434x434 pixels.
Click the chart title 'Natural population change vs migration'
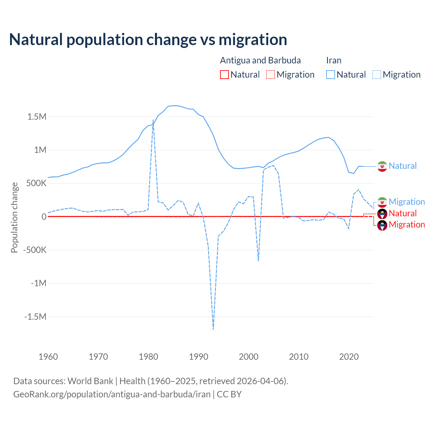(x=148, y=40)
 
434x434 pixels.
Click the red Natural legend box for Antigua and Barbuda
(x=224, y=75)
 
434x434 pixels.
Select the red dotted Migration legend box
(x=270, y=75)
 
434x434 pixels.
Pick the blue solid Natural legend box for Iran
(x=330, y=75)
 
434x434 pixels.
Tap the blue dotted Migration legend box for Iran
(x=376, y=75)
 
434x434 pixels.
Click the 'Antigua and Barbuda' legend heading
(x=260, y=60)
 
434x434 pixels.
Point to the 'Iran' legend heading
(x=334, y=60)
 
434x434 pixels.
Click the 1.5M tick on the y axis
(x=37, y=117)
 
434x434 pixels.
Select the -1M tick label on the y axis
(x=38, y=283)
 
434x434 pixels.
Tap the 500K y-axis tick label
(x=34, y=183)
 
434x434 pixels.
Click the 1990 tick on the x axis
(x=198, y=357)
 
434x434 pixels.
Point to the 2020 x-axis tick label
(x=349, y=357)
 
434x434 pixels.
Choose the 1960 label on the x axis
(x=48, y=357)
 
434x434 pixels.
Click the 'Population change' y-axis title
(x=14, y=217)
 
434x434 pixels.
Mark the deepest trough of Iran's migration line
(x=213, y=329)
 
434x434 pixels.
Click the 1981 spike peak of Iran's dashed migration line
(x=153, y=120)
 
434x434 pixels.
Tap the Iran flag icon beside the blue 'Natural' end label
(x=382, y=166)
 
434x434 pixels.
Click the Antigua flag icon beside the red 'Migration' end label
(x=382, y=225)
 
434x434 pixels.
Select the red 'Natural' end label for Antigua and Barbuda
(x=402, y=213)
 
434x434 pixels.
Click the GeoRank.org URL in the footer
(x=112, y=394)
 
